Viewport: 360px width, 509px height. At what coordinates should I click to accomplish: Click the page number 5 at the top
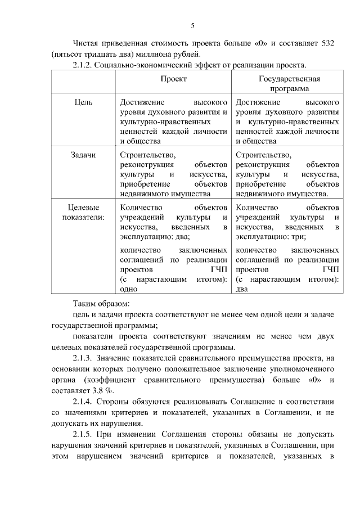click(x=192, y=25)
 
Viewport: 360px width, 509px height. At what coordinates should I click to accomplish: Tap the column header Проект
click(x=174, y=79)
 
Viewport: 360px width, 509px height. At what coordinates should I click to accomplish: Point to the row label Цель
click(x=83, y=102)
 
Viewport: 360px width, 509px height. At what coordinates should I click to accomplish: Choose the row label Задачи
click(x=83, y=155)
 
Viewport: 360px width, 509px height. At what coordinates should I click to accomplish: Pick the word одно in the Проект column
click(x=129, y=289)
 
